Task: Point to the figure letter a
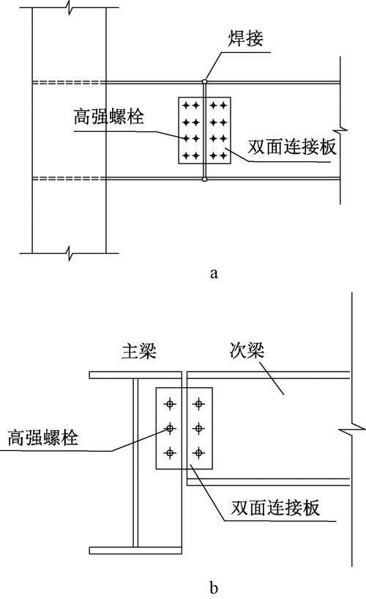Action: click(x=213, y=273)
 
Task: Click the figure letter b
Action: click(x=213, y=587)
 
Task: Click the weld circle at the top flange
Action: click(x=205, y=81)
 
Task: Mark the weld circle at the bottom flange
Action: click(x=205, y=178)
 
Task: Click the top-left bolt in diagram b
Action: click(x=171, y=403)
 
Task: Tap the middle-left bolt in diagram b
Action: click(x=171, y=428)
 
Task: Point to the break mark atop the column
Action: click(x=70, y=9)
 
